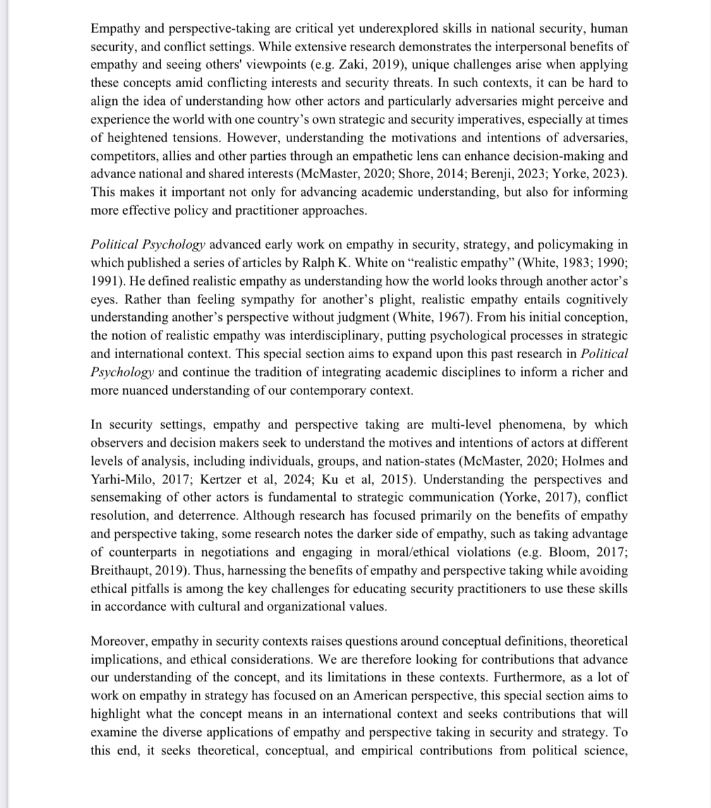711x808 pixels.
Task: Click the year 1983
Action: pos(568,263)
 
